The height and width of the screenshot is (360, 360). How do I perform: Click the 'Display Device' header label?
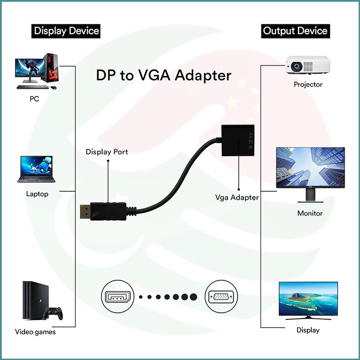pos(66,31)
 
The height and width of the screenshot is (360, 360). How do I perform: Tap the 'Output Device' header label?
pos(295,31)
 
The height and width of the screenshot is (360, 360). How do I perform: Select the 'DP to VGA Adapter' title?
pos(163,75)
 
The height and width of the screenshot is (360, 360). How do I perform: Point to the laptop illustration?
pos(36,170)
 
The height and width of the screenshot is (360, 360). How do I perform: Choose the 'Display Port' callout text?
pos(107,152)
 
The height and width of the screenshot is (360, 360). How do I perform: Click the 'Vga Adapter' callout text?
pos(237,197)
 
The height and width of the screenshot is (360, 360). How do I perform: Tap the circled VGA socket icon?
pos(220,297)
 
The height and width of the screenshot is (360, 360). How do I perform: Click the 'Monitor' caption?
pos(310,213)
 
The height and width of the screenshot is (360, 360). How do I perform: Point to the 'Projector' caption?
pos(308,84)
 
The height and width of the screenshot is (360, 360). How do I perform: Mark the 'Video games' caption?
pos(36,332)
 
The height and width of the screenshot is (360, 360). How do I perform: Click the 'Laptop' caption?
pos(37,194)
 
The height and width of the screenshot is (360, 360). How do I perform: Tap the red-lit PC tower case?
pos(52,70)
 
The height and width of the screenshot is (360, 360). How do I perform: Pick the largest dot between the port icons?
pos(193,297)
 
